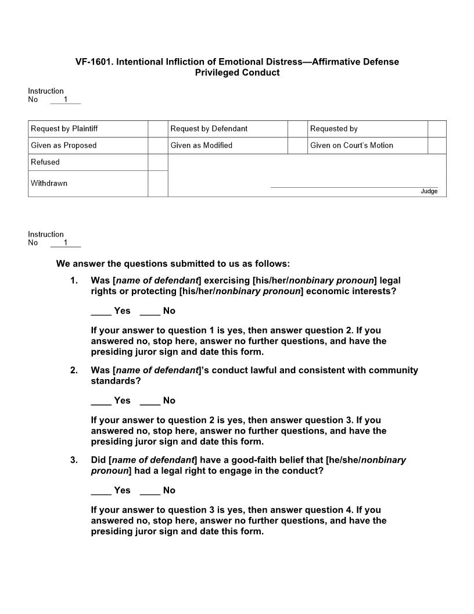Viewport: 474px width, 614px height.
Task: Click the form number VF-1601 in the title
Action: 94,62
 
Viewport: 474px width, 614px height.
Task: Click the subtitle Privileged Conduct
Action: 237,73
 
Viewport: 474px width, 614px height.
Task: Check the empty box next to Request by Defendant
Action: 297,129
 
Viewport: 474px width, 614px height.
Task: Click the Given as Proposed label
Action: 64,145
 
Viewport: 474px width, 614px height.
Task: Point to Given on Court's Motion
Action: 351,145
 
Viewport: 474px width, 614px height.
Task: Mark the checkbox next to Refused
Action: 157,162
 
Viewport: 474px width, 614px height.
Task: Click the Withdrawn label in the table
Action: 49,183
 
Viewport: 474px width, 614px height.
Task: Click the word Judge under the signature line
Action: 429,191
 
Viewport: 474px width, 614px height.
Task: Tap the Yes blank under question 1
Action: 101,312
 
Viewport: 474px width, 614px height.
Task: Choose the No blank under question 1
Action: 150,312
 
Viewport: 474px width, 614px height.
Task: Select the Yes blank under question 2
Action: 101,401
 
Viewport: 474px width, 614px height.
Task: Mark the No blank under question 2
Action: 150,401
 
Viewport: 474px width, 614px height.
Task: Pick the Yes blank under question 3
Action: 101,491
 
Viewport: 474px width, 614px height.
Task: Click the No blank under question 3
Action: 150,491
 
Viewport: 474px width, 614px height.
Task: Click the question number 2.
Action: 74,370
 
